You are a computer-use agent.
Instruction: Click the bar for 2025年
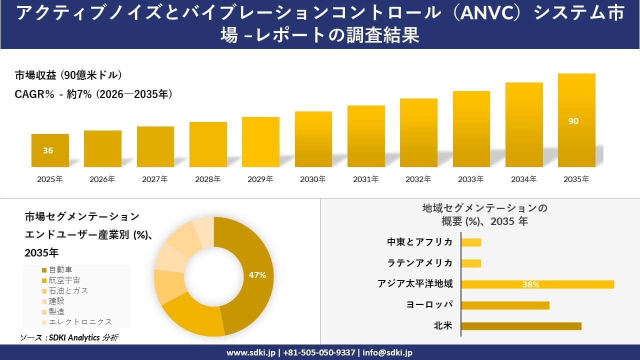(50, 150)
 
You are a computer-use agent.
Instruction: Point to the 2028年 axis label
(207, 179)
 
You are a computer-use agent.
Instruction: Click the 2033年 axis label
(471, 179)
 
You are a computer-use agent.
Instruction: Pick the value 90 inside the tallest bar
(573, 121)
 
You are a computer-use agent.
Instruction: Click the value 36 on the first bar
(48, 150)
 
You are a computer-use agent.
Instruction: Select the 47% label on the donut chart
(257, 275)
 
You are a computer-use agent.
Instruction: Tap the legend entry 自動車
(60, 269)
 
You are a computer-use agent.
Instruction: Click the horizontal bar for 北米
(521, 326)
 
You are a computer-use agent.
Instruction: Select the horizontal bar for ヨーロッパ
(505, 305)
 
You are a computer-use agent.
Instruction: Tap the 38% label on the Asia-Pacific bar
(530, 284)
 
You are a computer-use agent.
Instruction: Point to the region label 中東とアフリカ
(419, 242)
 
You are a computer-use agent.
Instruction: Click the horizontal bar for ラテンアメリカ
(471, 263)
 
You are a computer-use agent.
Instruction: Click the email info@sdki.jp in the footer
(387, 352)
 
